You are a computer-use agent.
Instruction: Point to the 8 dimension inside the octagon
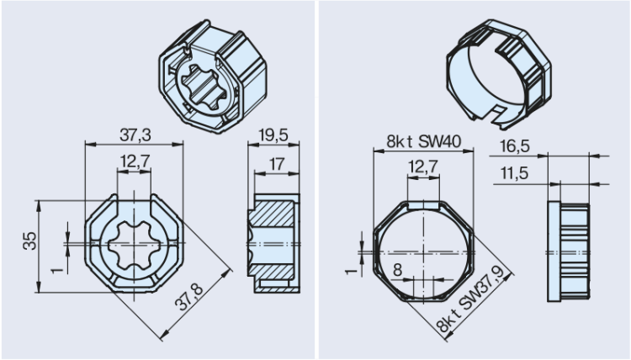click(397, 270)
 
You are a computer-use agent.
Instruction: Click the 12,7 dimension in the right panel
click(422, 169)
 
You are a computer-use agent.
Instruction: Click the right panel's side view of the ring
click(569, 249)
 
